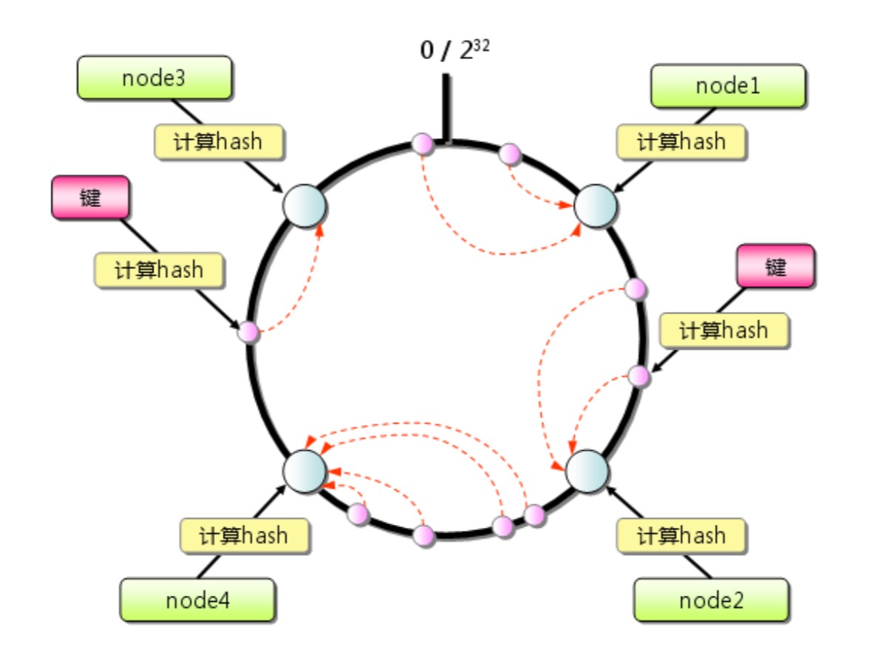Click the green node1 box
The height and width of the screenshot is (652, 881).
click(x=728, y=86)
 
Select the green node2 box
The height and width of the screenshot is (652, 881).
click(x=711, y=600)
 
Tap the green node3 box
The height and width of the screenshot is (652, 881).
click(x=154, y=78)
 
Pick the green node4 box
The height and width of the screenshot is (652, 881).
click(x=197, y=600)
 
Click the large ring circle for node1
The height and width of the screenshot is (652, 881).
click(x=595, y=206)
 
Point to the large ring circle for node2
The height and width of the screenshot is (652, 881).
click(x=587, y=471)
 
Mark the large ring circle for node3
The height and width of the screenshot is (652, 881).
click(x=305, y=206)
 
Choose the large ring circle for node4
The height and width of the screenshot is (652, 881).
click(x=305, y=471)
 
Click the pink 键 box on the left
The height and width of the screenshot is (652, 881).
click(x=90, y=197)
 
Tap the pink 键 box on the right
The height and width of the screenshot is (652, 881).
click(x=775, y=266)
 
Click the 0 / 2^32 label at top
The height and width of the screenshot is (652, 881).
click(x=455, y=50)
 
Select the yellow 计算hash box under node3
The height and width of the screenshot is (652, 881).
click(x=219, y=142)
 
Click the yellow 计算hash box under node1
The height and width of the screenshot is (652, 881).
click(x=681, y=142)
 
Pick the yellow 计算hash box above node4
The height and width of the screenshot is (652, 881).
click(x=245, y=536)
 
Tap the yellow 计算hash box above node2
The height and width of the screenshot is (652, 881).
click(x=681, y=536)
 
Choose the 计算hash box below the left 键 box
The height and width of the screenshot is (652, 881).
click(x=159, y=271)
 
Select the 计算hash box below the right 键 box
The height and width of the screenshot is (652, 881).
click(x=724, y=330)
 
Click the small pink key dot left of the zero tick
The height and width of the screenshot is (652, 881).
click(x=423, y=144)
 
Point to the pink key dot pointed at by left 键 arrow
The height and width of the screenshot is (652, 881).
click(x=248, y=332)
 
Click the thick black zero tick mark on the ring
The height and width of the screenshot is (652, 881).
click(x=446, y=108)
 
